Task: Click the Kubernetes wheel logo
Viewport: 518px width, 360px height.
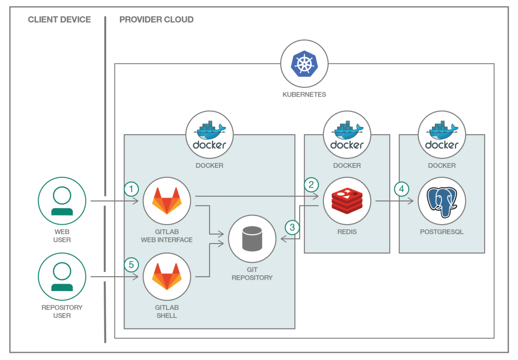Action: click(x=304, y=64)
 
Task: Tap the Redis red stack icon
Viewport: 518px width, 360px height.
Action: click(x=347, y=201)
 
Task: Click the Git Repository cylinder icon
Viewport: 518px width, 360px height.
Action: click(x=252, y=238)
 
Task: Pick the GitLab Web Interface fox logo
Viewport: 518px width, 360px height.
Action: click(x=167, y=201)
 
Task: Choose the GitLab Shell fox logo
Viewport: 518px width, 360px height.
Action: click(x=167, y=277)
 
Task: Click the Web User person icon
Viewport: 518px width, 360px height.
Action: click(x=62, y=201)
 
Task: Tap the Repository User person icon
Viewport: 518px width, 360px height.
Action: click(x=62, y=277)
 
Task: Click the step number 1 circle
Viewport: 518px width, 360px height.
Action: click(x=131, y=189)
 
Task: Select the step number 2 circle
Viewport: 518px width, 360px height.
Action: click(x=311, y=185)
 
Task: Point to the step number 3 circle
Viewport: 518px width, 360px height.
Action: click(x=292, y=227)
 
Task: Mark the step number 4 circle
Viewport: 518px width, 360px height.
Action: click(x=401, y=189)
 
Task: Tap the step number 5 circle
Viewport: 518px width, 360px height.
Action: click(x=131, y=265)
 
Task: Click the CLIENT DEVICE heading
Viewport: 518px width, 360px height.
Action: click(x=60, y=20)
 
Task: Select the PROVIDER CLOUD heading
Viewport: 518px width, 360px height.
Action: click(x=156, y=20)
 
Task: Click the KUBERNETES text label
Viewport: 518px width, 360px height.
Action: click(x=304, y=94)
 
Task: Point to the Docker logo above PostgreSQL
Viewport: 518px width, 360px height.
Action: click(x=442, y=135)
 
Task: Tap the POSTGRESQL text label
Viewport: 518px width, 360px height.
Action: click(x=442, y=232)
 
